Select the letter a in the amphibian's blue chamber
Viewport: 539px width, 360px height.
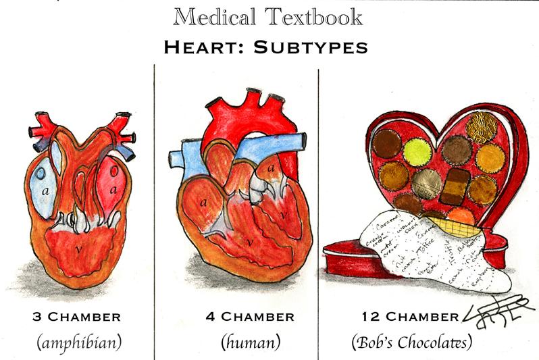tap(46, 191)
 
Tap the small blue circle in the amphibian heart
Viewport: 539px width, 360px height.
tap(41, 174)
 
